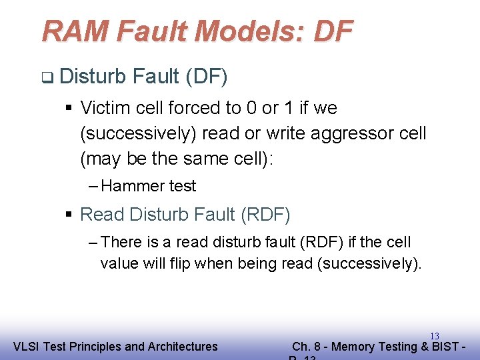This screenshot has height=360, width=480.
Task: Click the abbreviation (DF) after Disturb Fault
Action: pyautogui.click(x=207, y=77)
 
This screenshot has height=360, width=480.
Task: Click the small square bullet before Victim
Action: pyautogui.click(x=69, y=107)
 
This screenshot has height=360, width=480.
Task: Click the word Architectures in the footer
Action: pyautogui.click(x=181, y=346)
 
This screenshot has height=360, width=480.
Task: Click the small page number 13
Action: pyautogui.click(x=434, y=336)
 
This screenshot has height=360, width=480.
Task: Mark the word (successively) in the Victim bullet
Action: pyautogui.click(x=137, y=133)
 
